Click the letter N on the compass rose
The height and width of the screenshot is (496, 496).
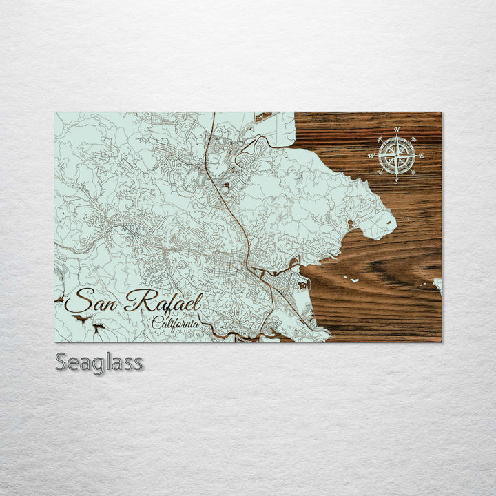coord(397,130)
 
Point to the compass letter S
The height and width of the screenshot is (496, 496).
coord(397,182)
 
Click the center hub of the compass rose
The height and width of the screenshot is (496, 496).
coord(397,156)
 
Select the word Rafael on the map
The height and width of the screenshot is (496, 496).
coord(165,302)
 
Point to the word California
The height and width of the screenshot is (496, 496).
coord(176,323)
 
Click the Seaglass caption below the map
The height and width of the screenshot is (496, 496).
coord(99,362)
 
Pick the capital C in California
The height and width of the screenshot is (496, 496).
coord(158,322)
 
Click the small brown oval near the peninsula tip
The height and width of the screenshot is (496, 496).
coord(351,224)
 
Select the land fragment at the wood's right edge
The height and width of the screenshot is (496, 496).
coord(438,282)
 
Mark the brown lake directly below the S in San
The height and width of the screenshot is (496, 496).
coord(79,319)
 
